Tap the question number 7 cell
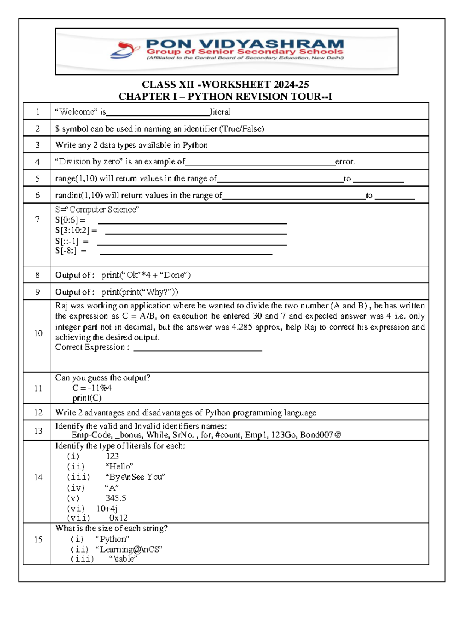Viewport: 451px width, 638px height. (37, 219)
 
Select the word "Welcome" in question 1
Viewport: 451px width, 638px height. (77, 112)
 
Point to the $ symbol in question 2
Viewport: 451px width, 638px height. (57, 129)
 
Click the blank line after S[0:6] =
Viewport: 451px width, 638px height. (192, 223)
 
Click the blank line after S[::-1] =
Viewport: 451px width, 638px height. (192, 245)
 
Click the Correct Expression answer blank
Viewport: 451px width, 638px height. (198, 350)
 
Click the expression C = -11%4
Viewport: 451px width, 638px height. (92, 388)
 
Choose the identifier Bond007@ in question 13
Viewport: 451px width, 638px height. (320, 435)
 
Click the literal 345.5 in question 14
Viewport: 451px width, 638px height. (116, 498)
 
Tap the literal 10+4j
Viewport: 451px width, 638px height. (107, 509)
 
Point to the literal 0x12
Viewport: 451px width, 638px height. (118, 518)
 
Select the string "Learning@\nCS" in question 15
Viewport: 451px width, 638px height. (129, 550)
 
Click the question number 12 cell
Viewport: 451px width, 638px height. (38, 412)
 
